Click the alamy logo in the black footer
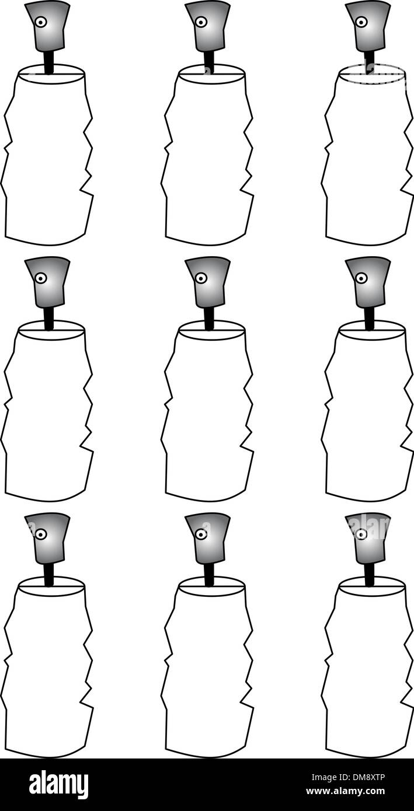coord(58,785)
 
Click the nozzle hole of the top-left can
coord(40,23)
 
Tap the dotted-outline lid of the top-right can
coord(372,75)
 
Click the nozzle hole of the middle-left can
coord(40,278)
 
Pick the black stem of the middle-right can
coord(368,319)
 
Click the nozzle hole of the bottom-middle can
coord(201,534)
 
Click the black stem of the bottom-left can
coord(48,575)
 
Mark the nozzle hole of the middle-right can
coord(361,278)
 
